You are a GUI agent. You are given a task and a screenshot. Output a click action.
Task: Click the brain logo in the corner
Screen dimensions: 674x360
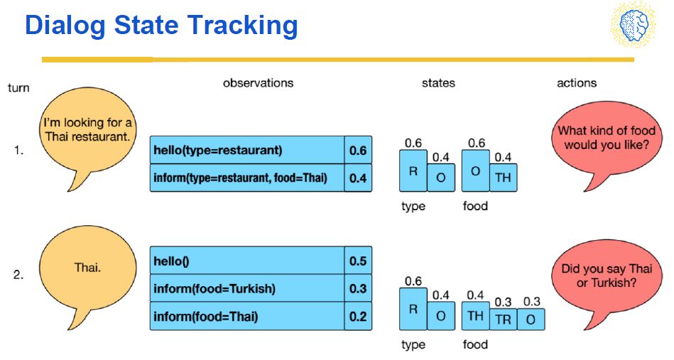point(634,25)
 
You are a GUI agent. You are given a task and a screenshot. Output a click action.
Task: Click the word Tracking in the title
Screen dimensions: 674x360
point(242,25)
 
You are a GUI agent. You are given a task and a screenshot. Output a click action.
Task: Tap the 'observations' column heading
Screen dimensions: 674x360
point(258,83)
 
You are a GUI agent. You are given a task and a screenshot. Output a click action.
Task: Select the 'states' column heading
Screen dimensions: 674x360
point(438,83)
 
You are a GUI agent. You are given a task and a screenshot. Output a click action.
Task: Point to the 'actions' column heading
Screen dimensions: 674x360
point(577,83)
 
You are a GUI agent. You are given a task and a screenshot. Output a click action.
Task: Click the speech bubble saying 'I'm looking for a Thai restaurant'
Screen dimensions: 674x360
point(87,133)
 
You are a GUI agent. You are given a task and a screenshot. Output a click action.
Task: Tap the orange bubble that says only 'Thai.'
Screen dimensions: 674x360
point(87,271)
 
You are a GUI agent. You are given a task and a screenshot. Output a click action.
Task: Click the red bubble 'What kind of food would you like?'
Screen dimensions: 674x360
point(607,140)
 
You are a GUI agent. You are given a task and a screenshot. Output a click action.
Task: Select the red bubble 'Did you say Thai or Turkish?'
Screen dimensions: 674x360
point(607,278)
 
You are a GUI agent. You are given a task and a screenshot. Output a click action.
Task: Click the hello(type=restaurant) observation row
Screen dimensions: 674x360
point(247,150)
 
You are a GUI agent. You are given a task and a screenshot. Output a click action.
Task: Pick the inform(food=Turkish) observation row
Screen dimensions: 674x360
point(247,288)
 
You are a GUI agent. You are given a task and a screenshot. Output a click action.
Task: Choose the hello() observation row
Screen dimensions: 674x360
point(247,261)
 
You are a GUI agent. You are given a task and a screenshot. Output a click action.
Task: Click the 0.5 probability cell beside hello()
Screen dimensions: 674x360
point(358,261)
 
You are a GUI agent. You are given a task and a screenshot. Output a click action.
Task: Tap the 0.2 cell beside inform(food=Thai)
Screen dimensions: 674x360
point(358,316)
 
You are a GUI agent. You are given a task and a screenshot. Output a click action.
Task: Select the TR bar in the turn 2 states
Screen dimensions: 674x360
point(503,320)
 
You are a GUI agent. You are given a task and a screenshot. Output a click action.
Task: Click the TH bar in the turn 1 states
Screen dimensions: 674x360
point(503,178)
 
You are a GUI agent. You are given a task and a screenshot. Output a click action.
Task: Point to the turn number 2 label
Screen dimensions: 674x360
point(18,275)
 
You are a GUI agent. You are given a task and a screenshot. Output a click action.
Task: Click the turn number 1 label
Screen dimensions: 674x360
point(18,151)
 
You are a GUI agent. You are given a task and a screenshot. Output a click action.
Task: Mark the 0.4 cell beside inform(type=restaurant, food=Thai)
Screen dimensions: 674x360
point(358,178)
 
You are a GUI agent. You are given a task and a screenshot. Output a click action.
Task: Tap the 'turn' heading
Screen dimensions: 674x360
point(18,87)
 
